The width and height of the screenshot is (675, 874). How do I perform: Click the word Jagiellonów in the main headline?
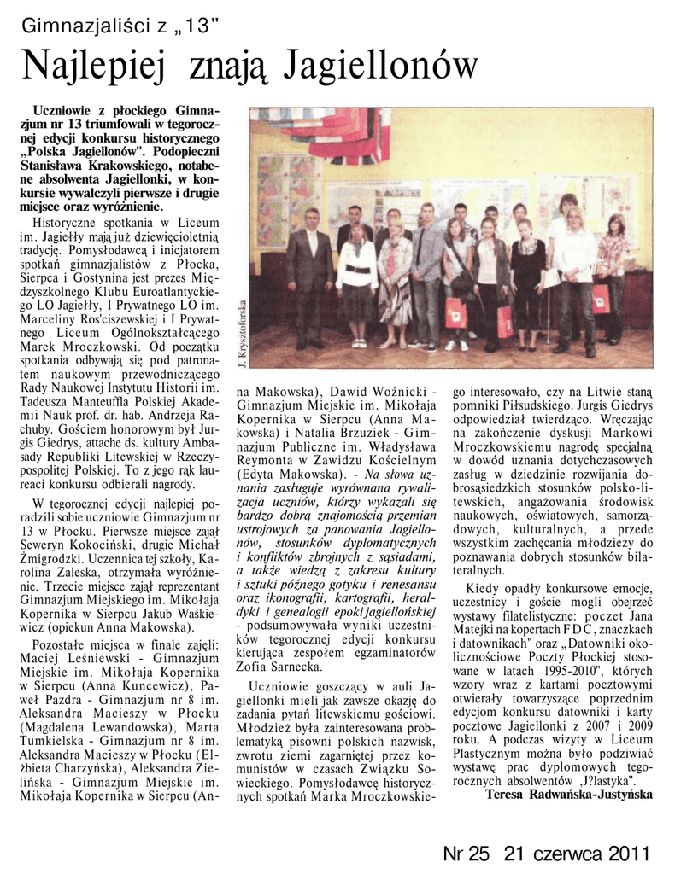[x=381, y=66]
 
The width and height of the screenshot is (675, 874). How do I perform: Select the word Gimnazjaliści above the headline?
[x=75, y=26]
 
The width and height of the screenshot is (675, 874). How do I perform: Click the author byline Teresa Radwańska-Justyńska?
[x=568, y=795]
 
